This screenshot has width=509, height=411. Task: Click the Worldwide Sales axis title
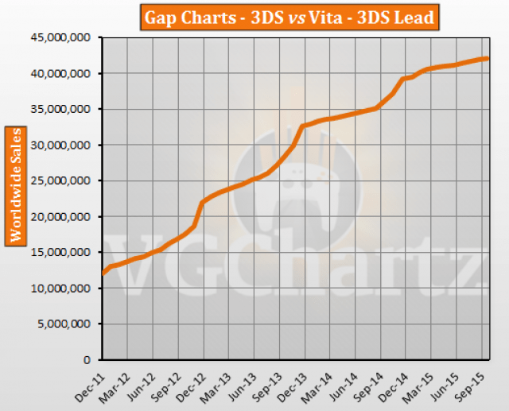click(x=16, y=184)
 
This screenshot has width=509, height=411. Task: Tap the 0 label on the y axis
click(x=91, y=359)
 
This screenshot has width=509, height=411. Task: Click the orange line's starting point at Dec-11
click(x=103, y=273)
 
